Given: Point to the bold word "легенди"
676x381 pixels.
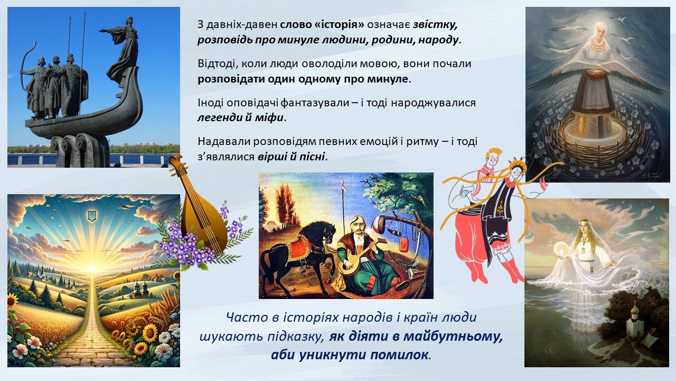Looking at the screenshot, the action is pyautogui.click(x=219, y=117).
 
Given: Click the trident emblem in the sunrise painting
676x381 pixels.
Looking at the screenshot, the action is pyautogui.click(x=92, y=215).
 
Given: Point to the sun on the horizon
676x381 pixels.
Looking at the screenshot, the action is pyautogui.click(x=92, y=268).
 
